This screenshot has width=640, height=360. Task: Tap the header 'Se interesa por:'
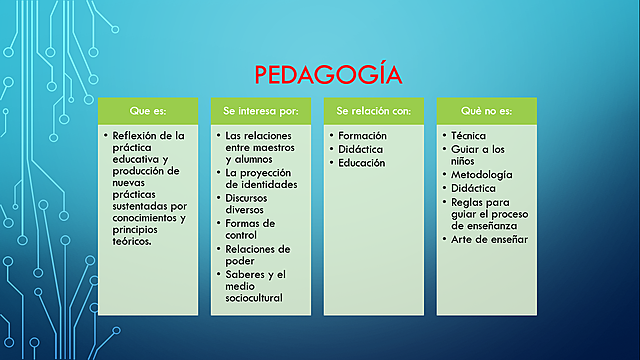tap(262, 110)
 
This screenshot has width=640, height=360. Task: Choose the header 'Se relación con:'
tap(374, 110)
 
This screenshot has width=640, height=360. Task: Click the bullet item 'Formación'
tap(361, 134)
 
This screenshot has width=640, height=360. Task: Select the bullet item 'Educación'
tap(361, 162)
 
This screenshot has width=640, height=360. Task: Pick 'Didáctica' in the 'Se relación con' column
tap(360, 148)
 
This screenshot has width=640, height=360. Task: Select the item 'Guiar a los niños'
tap(479, 154)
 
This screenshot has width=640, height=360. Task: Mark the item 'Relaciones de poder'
tap(257, 254)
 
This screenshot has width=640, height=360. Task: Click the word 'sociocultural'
tap(254, 298)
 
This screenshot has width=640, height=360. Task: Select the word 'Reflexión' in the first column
tap(137, 134)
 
